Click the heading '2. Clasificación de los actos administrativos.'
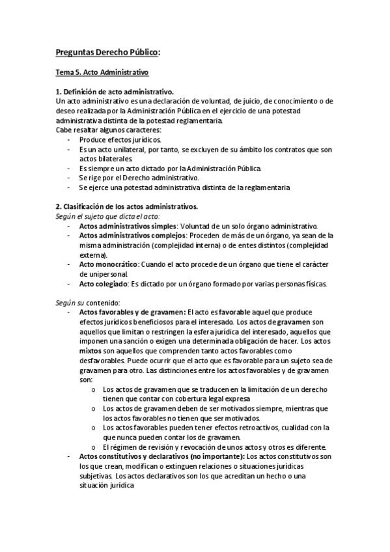pos(126,206)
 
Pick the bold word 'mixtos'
pos(91,350)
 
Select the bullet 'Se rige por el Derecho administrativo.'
pos(139,178)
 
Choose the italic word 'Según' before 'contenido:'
pos(66,302)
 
